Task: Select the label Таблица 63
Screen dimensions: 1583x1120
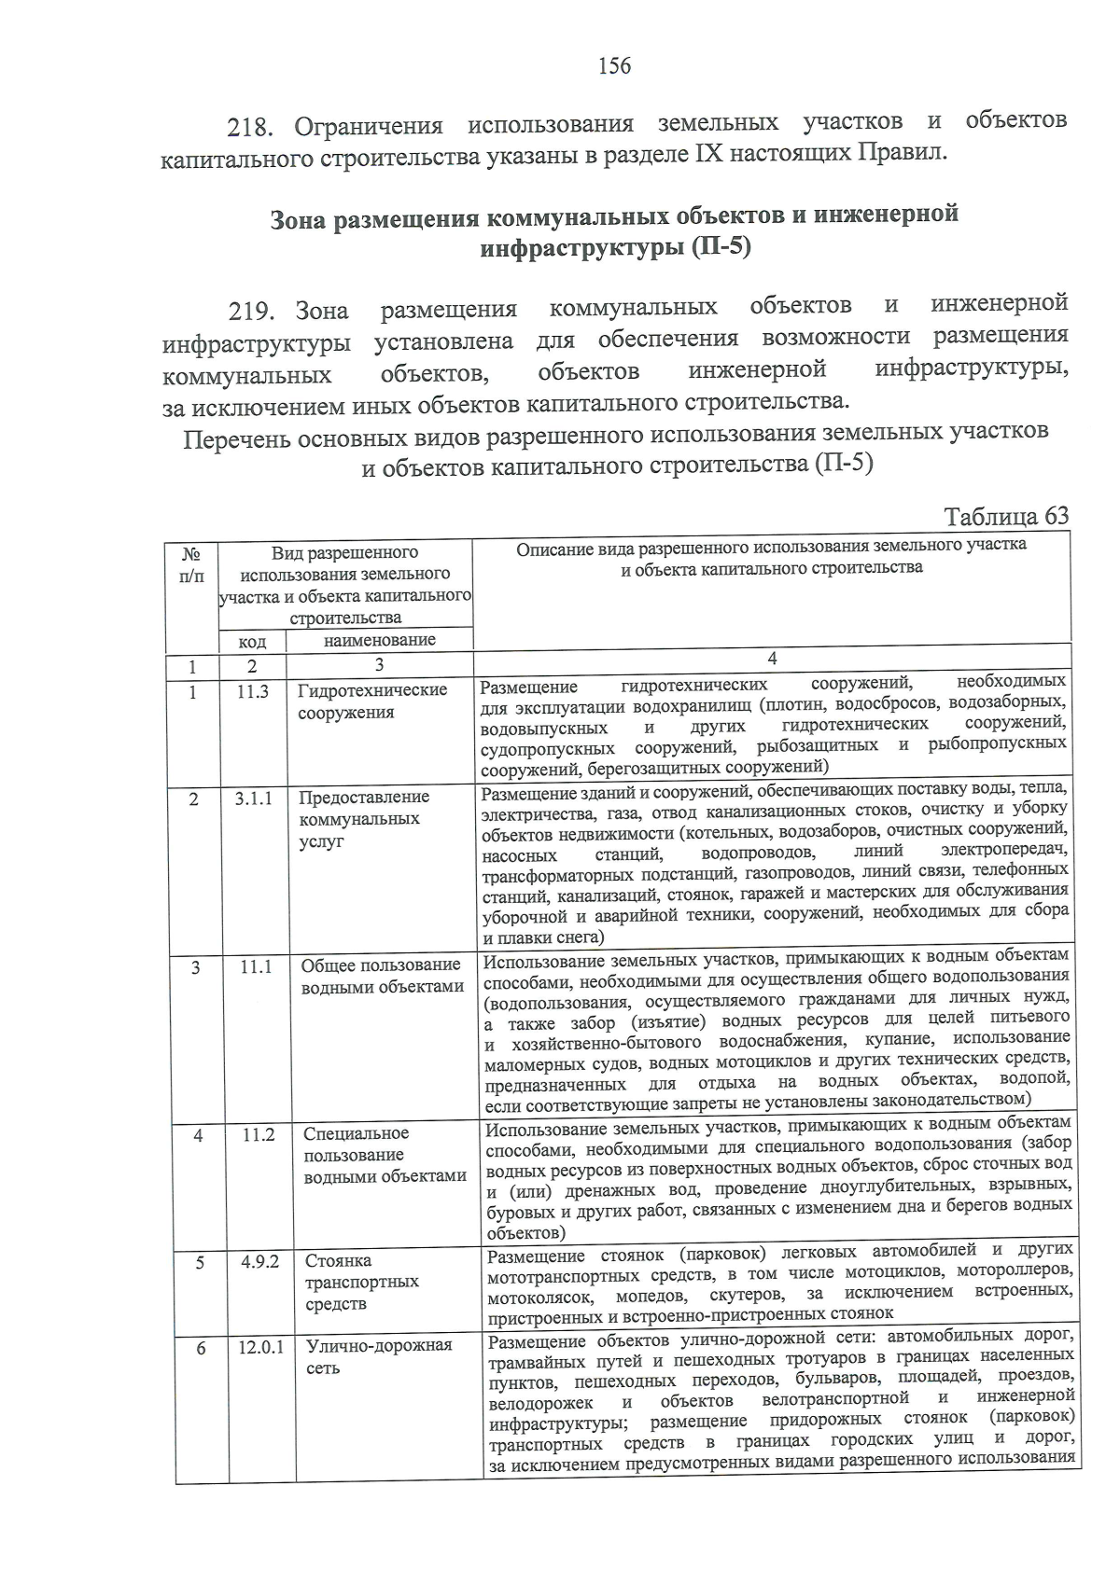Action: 1006,517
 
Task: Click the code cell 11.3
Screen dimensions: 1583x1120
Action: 252,691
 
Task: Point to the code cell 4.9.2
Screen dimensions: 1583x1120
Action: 259,1261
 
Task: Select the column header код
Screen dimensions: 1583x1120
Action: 252,642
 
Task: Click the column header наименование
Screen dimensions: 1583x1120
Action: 379,641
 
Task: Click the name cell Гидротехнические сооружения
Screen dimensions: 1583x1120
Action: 372,701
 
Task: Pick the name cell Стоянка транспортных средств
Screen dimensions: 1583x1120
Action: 362,1283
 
